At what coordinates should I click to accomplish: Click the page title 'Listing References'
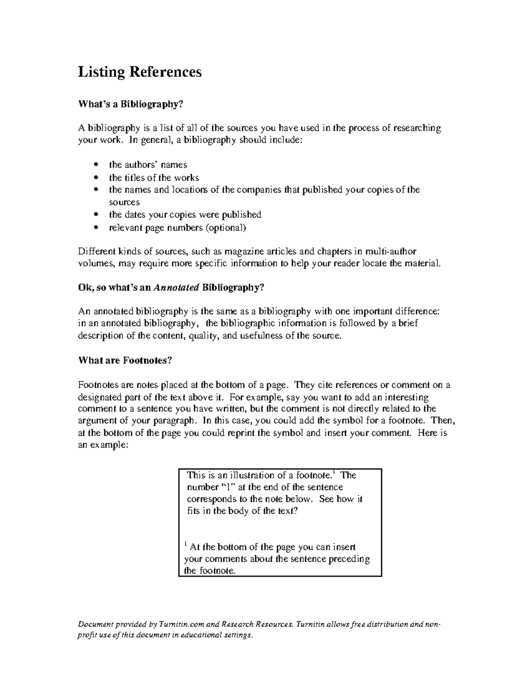tap(140, 72)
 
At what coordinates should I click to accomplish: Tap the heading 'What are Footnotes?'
tap(125, 360)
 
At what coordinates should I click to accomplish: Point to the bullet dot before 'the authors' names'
tap(96, 165)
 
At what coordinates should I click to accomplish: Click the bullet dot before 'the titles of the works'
tap(96, 178)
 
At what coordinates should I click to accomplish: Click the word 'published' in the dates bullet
tap(241, 215)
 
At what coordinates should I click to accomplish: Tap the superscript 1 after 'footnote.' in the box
tap(334, 473)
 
